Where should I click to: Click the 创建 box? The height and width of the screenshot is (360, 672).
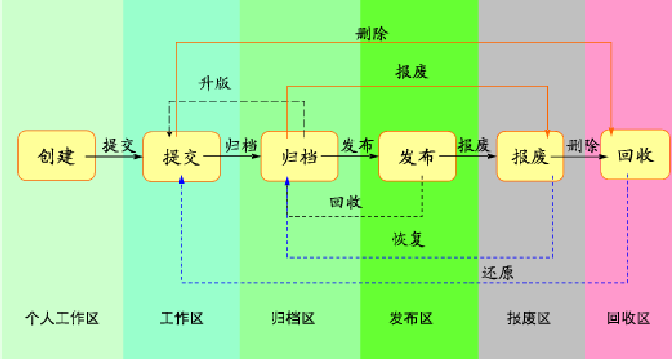(x=57, y=156)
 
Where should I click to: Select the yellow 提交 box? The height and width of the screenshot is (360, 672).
(x=181, y=157)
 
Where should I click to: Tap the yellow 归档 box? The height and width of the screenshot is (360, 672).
(x=299, y=157)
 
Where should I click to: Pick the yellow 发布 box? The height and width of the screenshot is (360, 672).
(x=417, y=157)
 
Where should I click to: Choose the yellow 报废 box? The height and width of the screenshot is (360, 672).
(x=530, y=157)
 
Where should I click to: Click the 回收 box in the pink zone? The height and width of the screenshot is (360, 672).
(x=635, y=155)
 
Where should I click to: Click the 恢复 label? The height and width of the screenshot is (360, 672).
(x=409, y=239)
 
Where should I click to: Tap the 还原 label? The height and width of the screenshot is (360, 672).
(x=498, y=272)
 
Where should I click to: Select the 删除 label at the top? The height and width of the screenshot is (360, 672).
(x=372, y=34)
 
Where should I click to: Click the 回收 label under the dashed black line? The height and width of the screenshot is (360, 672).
(x=346, y=202)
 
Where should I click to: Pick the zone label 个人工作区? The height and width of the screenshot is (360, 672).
(x=62, y=318)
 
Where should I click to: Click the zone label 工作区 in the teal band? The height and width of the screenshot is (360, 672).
(x=182, y=318)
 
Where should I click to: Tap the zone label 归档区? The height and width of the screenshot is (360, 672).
(x=293, y=318)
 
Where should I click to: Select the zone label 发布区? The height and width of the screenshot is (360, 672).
(x=411, y=318)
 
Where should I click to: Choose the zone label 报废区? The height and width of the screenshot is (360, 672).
(x=528, y=318)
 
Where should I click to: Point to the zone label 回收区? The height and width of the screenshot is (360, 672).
(x=628, y=318)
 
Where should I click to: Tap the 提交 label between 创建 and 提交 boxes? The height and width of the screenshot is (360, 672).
(x=119, y=145)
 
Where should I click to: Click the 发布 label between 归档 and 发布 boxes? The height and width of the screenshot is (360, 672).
(x=358, y=145)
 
